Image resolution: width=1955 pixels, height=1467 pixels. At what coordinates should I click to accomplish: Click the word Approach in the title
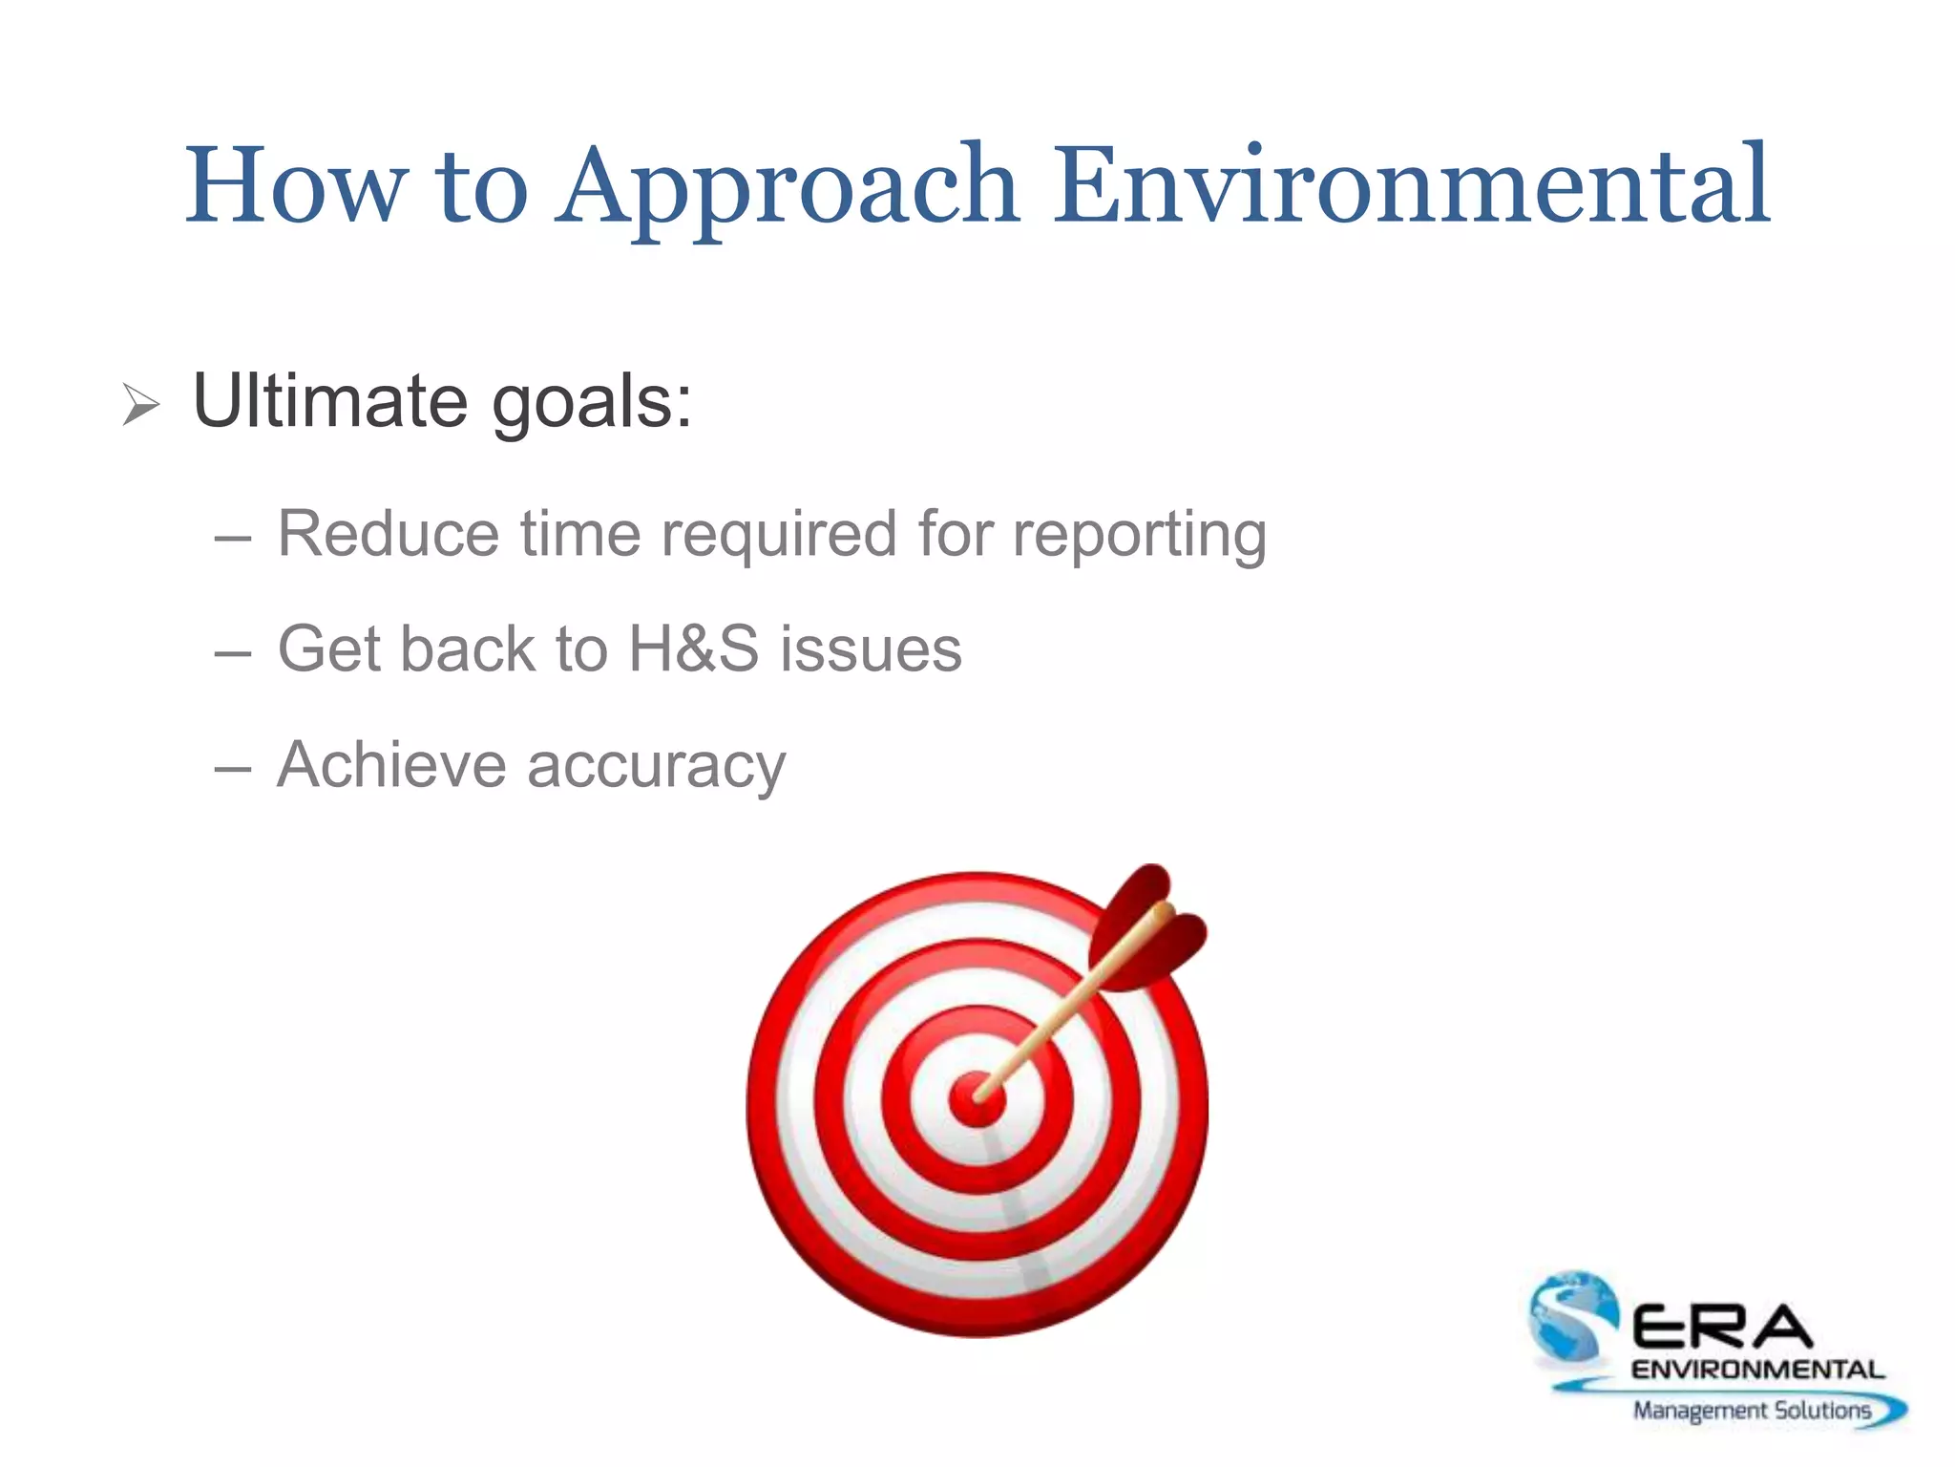[x=788, y=186]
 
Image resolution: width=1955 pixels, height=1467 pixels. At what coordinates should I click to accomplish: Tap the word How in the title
[x=296, y=186]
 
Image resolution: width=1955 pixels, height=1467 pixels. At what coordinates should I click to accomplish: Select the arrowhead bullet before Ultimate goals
[x=141, y=405]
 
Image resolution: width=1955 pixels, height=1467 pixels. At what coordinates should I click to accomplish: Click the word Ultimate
[x=329, y=401]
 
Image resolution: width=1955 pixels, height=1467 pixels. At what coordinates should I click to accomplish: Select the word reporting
[x=1140, y=535]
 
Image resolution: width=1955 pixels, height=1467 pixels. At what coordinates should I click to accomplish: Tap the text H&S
[x=694, y=648]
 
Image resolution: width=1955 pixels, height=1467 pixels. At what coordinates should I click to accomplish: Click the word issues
[x=871, y=648]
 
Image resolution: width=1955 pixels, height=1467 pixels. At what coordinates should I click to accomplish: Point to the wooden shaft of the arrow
[x=1060, y=1017]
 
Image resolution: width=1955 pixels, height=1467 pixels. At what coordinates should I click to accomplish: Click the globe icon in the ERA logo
[x=1570, y=1313]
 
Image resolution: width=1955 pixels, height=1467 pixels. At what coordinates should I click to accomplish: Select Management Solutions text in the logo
[x=1752, y=1410]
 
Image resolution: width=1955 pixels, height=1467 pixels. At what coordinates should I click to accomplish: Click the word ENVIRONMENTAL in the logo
[x=1756, y=1370]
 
